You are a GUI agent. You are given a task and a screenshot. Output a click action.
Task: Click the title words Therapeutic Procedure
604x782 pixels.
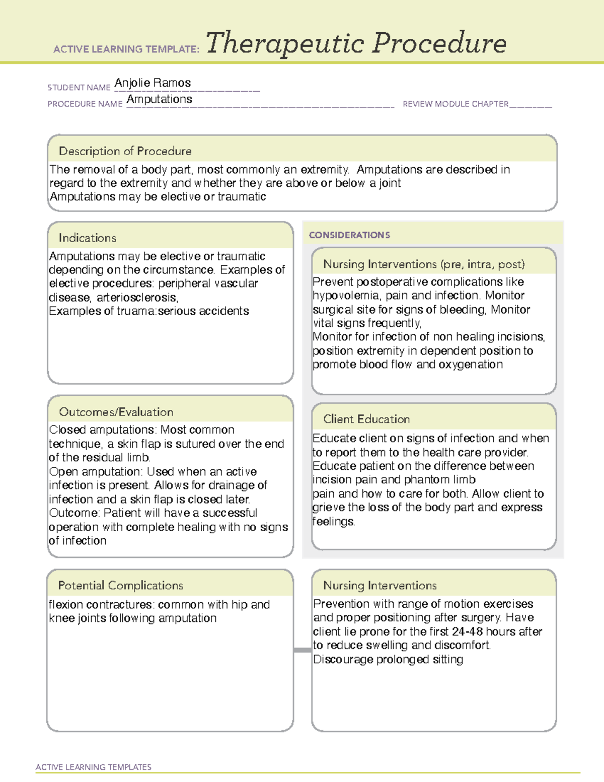[356, 43]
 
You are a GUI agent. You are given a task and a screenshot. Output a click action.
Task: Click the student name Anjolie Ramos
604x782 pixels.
[153, 83]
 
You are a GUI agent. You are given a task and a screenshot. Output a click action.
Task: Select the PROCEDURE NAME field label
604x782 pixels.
[85, 104]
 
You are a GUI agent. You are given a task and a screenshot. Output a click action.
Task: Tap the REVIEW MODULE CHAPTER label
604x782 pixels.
[456, 104]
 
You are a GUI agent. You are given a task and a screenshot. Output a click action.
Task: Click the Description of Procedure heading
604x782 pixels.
[125, 151]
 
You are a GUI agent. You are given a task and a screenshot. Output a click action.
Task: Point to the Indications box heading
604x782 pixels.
[87, 238]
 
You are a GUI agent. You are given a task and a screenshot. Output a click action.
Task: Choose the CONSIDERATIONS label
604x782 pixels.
[349, 235]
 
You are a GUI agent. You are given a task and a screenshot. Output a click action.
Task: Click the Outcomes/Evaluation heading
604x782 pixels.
[116, 412]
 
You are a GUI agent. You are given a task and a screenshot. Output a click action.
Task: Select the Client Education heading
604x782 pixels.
[366, 419]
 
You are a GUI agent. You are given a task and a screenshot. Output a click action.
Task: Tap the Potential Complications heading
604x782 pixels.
[120, 585]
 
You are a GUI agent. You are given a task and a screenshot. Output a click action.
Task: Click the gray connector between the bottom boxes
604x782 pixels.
[303, 650]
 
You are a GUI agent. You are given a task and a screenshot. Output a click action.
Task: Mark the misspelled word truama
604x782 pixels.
[136, 311]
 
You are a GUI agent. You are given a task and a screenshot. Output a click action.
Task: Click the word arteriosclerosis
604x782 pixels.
[137, 298]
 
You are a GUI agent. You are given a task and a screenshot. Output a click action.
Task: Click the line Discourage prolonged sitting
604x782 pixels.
[388, 659]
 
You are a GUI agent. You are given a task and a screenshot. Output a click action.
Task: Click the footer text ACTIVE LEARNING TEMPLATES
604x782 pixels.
[94, 767]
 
